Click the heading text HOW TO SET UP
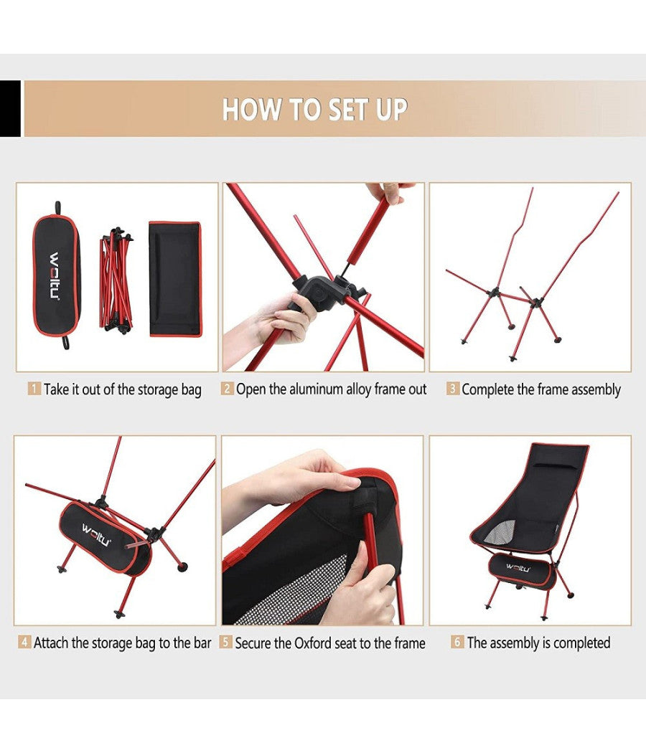(x=315, y=109)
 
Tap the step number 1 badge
(x=34, y=389)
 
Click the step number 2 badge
(x=228, y=388)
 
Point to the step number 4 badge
(x=24, y=642)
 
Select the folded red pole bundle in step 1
(x=116, y=280)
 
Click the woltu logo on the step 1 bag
(x=55, y=275)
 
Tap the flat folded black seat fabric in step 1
(x=174, y=279)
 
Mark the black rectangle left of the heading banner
(x=10, y=108)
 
